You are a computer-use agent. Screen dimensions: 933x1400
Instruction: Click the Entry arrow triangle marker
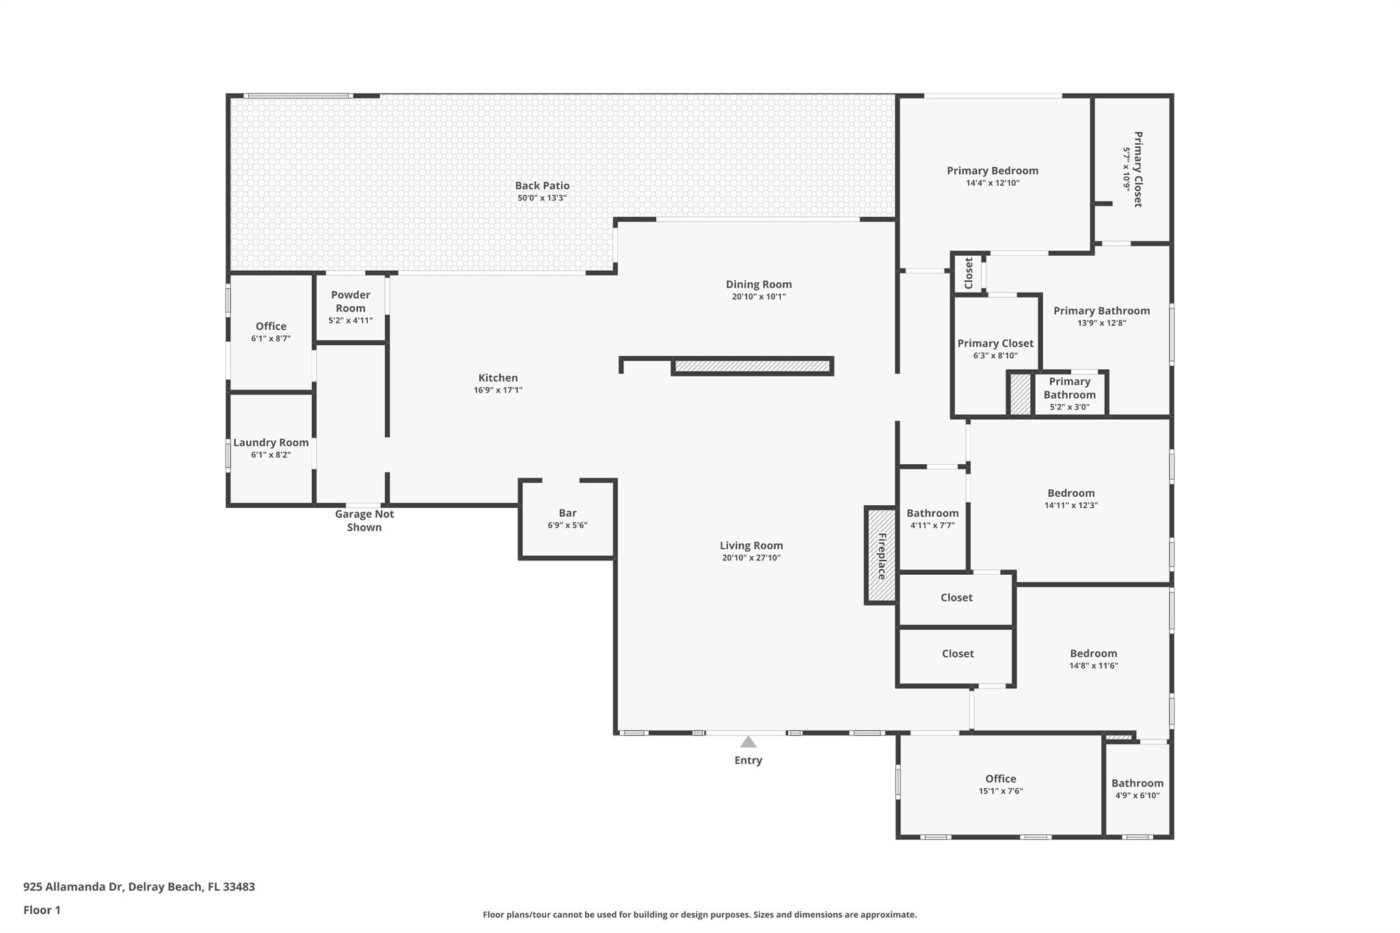tap(748, 742)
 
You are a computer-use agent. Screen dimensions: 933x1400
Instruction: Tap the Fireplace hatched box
tap(881, 556)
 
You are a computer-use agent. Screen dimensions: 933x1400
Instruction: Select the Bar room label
tap(567, 513)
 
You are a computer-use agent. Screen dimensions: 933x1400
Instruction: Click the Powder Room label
tap(350, 301)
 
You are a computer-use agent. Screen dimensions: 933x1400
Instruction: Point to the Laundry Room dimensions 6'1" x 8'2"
tap(271, 455)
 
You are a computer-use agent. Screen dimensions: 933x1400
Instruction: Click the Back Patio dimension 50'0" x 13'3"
tap(542, 198)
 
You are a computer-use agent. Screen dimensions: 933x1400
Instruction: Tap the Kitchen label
tap(498, 378)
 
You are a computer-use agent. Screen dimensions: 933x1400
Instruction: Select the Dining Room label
tap(759, 284)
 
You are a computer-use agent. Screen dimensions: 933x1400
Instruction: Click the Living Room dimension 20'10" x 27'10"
tap(751, 558)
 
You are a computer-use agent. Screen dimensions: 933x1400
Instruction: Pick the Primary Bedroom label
tap(992, 171)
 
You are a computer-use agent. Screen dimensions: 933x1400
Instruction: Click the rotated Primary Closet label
tap(1138, 169)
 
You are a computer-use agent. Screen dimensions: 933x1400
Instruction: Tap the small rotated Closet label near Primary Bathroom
tap(968, 273)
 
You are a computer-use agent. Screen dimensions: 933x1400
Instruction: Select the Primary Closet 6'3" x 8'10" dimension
tap(995, 355)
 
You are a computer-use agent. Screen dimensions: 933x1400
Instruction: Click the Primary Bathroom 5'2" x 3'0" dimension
tap(1069, 407)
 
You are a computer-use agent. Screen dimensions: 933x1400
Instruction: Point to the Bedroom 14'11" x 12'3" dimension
tap(1071, 506)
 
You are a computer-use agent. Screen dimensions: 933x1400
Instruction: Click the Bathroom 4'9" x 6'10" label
tap(1137, 783)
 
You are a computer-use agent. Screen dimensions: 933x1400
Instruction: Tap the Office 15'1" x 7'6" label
tap(1000, 779)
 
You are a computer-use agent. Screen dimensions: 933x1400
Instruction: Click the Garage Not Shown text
tap(364, 521)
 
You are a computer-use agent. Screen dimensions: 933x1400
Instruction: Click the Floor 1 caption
tap(42, 910)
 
